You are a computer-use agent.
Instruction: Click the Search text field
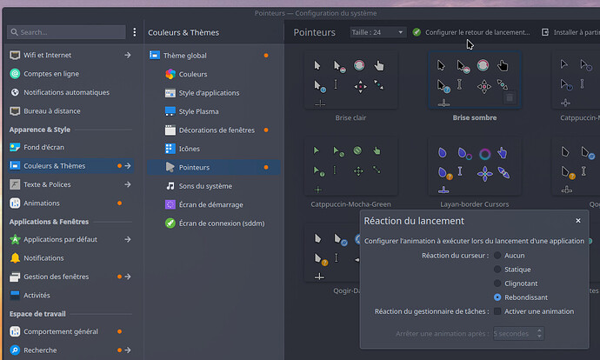tap(65, 32)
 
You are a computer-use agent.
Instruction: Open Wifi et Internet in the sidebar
tap(47, 55)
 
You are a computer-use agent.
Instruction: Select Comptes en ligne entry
tap(50, 74)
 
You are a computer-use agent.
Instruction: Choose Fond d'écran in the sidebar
tap(43, 147)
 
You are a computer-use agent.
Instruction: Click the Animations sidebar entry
tap(42, 203)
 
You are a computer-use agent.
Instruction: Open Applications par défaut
tap(59, 239)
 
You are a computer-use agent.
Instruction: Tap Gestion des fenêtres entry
tap(56, 277)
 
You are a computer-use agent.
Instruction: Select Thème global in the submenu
tap(184, 56)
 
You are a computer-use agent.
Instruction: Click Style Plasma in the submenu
tap(198, 111)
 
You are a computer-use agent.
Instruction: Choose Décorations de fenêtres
tap(216, 130)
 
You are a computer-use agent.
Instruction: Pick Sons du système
tap(205, 186)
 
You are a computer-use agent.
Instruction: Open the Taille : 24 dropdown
tap(377, 32)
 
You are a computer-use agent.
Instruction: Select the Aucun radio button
tap(497, 256)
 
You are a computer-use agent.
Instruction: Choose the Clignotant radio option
tap(497, 283)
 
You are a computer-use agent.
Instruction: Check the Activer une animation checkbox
tap(497, 311)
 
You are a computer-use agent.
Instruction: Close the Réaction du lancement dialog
tap(578, 221)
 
